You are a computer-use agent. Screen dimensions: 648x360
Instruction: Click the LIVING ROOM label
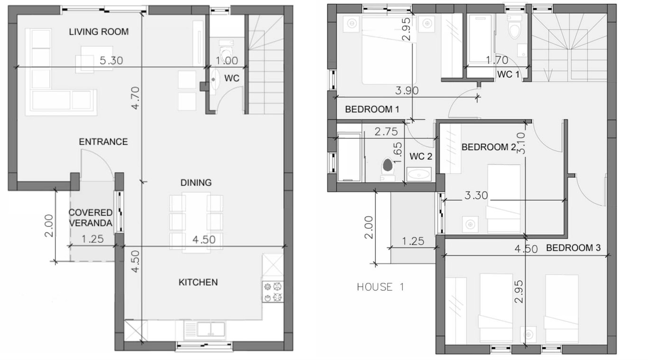(x=99, y=31)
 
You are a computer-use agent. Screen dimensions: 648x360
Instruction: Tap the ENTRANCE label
(x=103, y=142)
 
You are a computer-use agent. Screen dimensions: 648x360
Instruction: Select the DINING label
(x=196, y=183)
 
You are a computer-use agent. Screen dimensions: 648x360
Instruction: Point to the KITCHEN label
(x=198, y=282)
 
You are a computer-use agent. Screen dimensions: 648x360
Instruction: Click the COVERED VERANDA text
(x=91, y=218)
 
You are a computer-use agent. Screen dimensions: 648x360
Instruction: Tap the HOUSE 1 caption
(x=381, y=287)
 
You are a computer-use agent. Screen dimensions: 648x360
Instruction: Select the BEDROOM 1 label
(x=372, y=109)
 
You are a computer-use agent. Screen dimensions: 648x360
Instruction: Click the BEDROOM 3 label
(x=573, y=248)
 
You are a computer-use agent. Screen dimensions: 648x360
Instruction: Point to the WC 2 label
(x=421, y=157)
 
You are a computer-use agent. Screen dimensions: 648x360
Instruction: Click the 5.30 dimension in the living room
(x=111, y=60)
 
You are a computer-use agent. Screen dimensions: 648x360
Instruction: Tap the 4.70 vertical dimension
(x=135, y=98)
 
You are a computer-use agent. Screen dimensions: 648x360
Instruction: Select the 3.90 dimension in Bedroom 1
(x=407, y=91)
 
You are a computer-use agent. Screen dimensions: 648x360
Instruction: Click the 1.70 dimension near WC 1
(x=497, y=60)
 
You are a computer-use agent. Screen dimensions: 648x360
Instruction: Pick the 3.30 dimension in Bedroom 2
(x=476, y=195)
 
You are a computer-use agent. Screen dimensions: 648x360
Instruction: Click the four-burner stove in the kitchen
(x=273, y=292)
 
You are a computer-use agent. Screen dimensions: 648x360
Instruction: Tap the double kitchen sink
(x=205, y=330)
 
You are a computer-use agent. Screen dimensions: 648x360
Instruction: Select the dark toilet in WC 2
(x=388, y=165)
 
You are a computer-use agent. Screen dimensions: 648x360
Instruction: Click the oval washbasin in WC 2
(x=418, y=175)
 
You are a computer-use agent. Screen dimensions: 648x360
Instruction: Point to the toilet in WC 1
(x=515, y=30)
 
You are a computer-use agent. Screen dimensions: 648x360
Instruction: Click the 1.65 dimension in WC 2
(x=398, y=153)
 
